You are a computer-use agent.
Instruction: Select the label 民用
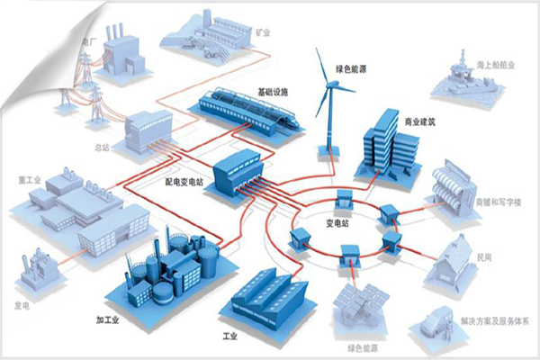pos(484,256)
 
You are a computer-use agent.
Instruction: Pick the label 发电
pos(22,305)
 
